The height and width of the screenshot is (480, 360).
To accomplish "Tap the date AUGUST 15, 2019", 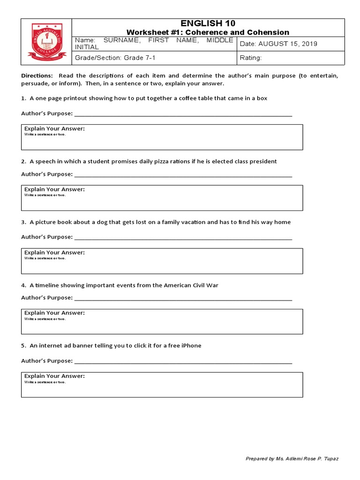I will pos(287,44).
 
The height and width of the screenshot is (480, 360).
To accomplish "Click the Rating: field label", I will pos(250,58).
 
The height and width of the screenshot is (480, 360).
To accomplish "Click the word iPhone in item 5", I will pos(192,345).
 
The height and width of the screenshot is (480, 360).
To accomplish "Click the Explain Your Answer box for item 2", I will pos(162,198).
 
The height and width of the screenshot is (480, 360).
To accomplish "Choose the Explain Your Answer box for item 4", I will pos(162,322).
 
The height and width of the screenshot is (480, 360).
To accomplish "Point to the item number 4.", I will pos(23,285).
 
